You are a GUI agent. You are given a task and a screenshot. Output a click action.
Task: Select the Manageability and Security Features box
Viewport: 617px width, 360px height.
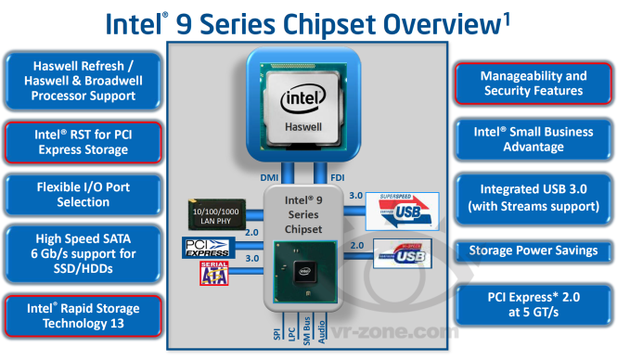[x=533, y=84]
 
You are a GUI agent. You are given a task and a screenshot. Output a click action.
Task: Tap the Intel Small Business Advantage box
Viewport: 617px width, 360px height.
[x=533, y=139]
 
